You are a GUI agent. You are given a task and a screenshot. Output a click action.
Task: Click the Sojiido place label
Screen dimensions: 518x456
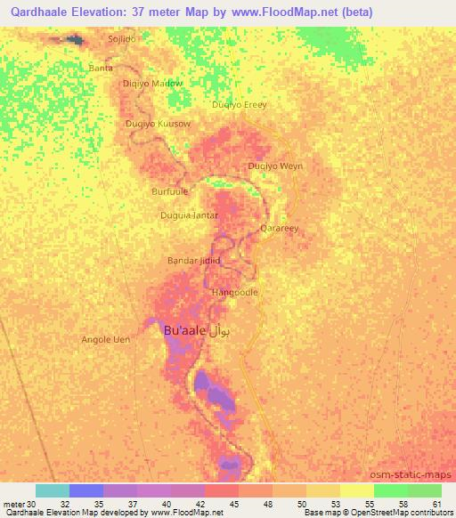(x=123, y=40)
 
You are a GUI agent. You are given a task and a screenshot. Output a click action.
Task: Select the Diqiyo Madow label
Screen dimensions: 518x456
(x=151, y=84)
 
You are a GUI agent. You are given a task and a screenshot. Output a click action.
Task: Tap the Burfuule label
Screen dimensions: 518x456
(x=170, y=190)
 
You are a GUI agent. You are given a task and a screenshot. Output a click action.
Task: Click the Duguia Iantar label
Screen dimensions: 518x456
(x=189, y=215)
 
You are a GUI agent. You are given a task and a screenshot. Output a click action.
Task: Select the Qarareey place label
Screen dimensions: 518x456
(x=279, y=229)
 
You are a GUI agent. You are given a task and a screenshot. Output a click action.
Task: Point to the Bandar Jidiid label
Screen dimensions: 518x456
(x=193, y=261)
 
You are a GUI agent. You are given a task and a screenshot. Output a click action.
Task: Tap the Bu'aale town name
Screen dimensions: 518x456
(x=186, y=330)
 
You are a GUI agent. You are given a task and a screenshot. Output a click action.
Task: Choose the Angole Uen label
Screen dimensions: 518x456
(x=106, y=339)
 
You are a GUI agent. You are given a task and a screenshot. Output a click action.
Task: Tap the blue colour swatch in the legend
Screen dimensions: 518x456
(x=86, y=490)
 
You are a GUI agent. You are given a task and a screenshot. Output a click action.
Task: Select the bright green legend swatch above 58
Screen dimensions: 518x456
(x=391, y=490)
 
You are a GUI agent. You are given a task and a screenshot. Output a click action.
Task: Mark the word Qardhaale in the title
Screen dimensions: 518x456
(x=44, y=12)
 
